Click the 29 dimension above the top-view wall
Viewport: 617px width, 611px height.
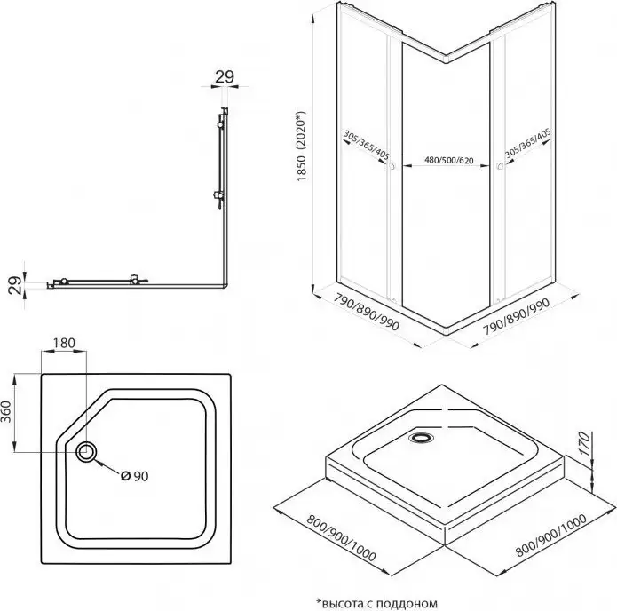coord(225,76)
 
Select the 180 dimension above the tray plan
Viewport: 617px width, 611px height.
coord(64,341)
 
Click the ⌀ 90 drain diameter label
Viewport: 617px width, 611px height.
coord(134,474)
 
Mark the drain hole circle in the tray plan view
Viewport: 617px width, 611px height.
coord(88,452)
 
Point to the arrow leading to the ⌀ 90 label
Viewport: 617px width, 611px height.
coord(108,465)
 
